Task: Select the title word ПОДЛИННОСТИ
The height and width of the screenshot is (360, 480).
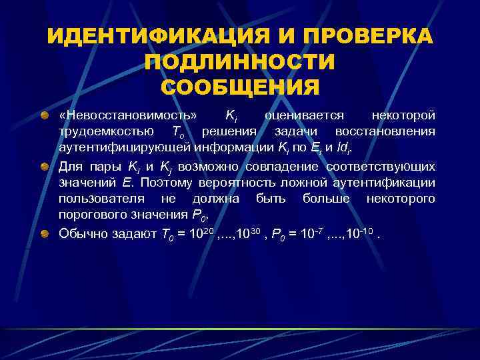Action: tap(240, 62)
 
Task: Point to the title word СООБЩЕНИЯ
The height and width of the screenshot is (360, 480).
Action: tap(240, 87)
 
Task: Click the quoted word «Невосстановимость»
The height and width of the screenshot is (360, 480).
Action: tap(127, 117)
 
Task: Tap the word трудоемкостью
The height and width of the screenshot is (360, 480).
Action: tap(102, 132)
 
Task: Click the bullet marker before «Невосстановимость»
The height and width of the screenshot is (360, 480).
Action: tap(44, 117)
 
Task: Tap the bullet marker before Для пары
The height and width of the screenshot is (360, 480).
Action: tap(44, 166)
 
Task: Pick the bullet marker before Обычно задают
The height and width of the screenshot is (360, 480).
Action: tap(44, 233)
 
